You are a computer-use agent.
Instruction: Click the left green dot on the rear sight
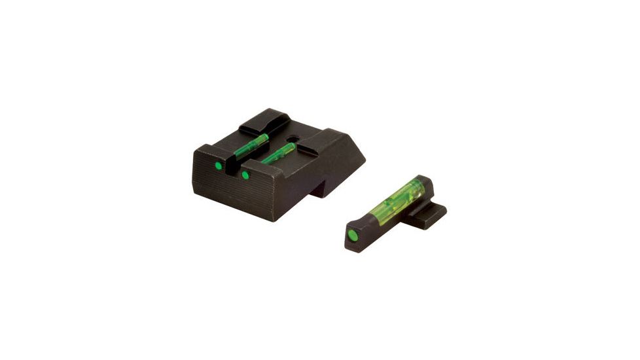[x=219, y=166]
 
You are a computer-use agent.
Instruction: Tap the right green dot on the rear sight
[x=245, y=175]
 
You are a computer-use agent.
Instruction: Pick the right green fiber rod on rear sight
[x=278, y=153]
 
